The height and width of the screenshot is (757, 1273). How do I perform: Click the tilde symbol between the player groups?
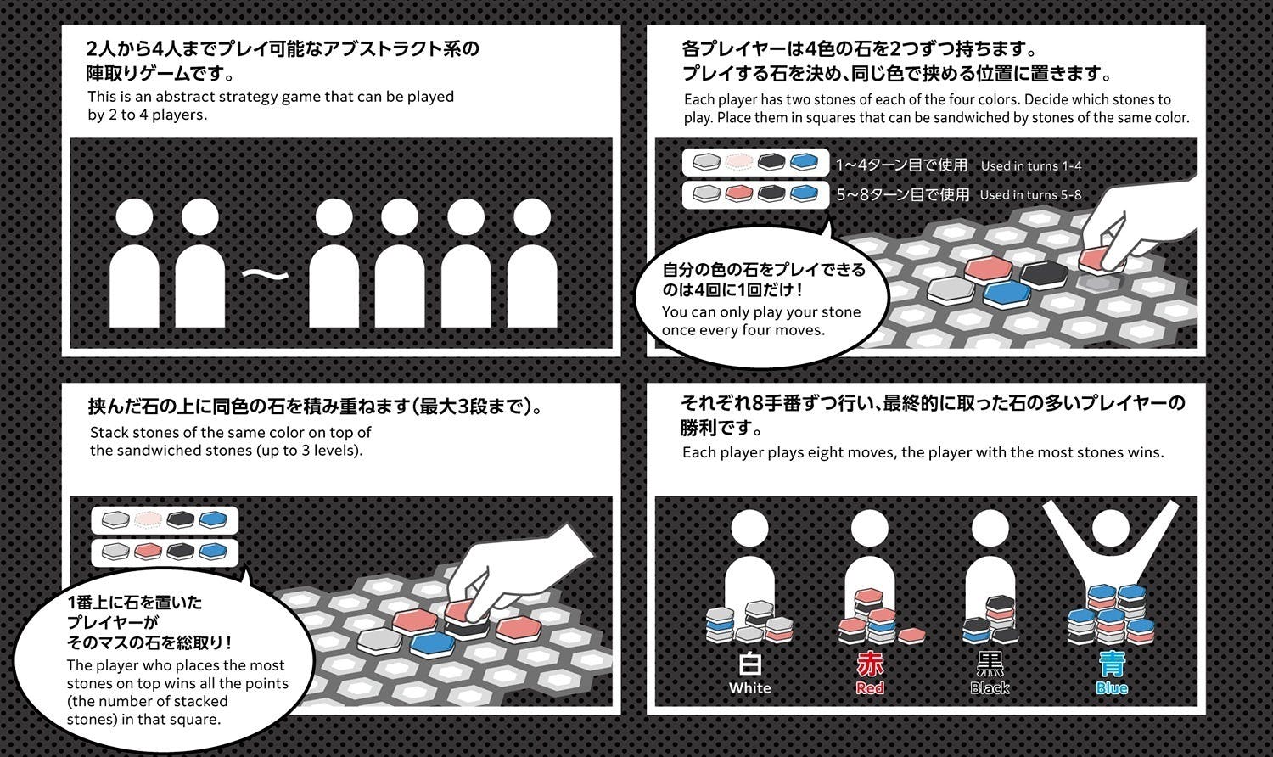265,274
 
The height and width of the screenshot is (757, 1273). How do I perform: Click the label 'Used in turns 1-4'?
1030,166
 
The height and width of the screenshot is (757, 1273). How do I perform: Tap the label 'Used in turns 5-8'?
1030,195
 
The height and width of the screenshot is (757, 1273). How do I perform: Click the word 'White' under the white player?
749,688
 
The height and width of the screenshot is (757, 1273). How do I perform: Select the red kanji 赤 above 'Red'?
870,663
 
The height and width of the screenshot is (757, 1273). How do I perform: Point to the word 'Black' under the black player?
990,688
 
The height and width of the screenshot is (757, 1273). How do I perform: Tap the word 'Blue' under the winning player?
1111,688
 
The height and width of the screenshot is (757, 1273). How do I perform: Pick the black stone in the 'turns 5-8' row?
771,194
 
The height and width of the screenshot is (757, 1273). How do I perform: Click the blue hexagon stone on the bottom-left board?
436,644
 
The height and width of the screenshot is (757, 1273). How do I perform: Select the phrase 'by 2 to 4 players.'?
147,115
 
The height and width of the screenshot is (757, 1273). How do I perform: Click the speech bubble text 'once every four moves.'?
743,330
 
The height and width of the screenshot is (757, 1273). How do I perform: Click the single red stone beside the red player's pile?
911,635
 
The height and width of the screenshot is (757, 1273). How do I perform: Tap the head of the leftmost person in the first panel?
135,217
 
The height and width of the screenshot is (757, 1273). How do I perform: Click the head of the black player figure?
990,528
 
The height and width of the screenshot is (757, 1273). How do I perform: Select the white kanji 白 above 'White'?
749,663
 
